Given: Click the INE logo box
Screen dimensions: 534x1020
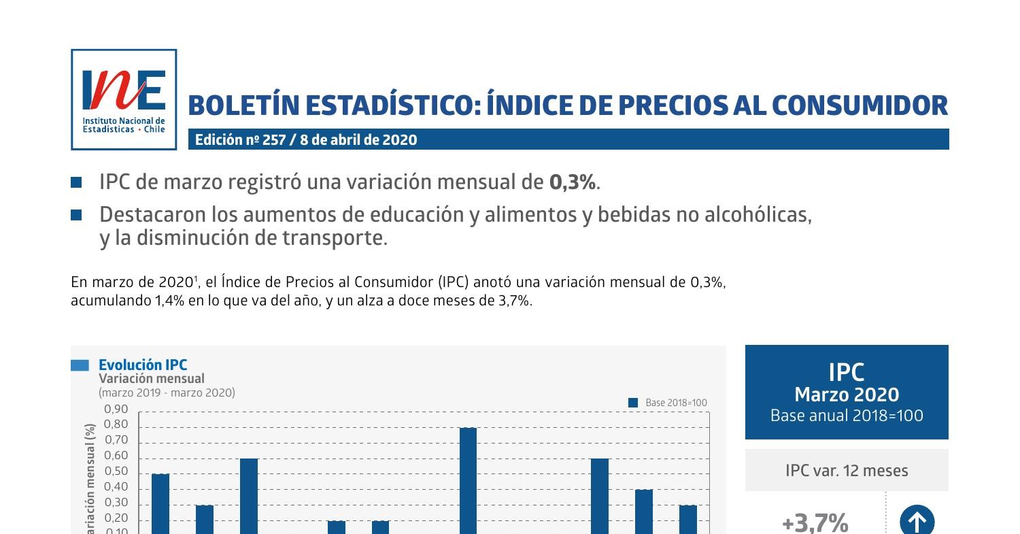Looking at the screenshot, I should [x=124, y=99].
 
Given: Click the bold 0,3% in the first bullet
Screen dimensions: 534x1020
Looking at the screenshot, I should [x=573, y=182].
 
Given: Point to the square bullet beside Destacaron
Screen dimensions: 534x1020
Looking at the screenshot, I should [x=76, y=215].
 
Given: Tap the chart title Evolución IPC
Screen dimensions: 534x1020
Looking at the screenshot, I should [x=142, y=365].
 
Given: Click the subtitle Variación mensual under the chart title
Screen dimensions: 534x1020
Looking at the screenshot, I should [x=151, y=379].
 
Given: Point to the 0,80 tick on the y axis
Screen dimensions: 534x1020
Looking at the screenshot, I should [x=116, y=424].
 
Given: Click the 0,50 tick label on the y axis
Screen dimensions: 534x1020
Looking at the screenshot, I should [x=116, y=471].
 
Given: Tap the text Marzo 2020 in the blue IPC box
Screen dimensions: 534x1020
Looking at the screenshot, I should [x=847, y=395].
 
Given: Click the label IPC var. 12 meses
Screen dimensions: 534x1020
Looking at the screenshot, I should [x=847, y=471].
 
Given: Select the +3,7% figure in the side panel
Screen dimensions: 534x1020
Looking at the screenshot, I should [x=815, y=523].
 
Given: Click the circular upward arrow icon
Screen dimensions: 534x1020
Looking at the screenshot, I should [x=917, y=522].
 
